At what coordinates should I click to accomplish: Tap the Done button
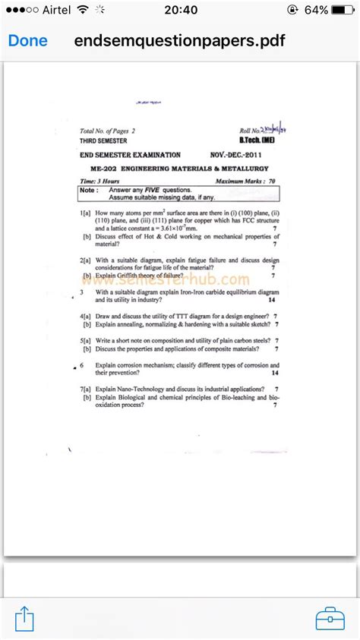(27, 41)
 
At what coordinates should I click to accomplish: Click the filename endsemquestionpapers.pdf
(180, 41)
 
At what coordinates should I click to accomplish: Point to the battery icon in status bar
(343, 10)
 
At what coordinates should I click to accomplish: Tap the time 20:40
(180, 10)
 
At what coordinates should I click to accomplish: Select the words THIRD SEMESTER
(103, 140)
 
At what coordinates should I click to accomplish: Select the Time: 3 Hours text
(99, 181)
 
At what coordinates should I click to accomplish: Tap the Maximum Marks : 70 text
(245, 181)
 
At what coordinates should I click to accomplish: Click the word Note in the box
(88, 190)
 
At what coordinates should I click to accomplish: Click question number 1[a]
(85, 215)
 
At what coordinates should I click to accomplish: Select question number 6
(82, 365)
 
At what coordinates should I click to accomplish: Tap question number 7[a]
(85, 388)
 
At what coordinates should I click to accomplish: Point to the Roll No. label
(249, 131)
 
